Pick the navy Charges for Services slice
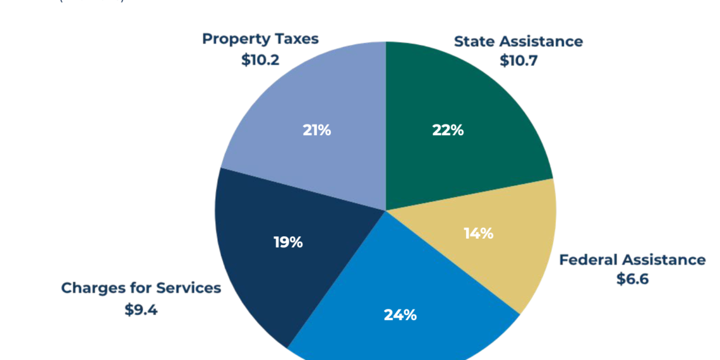[x=265, y=265]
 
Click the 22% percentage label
[x=448, y=130]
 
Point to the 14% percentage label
[x=478, y=233]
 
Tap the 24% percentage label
[x=400, y=315]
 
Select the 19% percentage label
[x=288, y=242]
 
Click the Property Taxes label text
[x=260, y=39]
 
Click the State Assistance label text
[x=518, y=42]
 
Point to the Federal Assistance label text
[x=632, y=260]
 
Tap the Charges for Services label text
[x=141, y=288]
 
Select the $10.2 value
[x=260, y=60]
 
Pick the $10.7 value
[x=518, y=61]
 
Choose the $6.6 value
[x=632, y=279]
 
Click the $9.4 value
[x=141, y=309]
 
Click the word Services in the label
[x=189, y=288]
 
